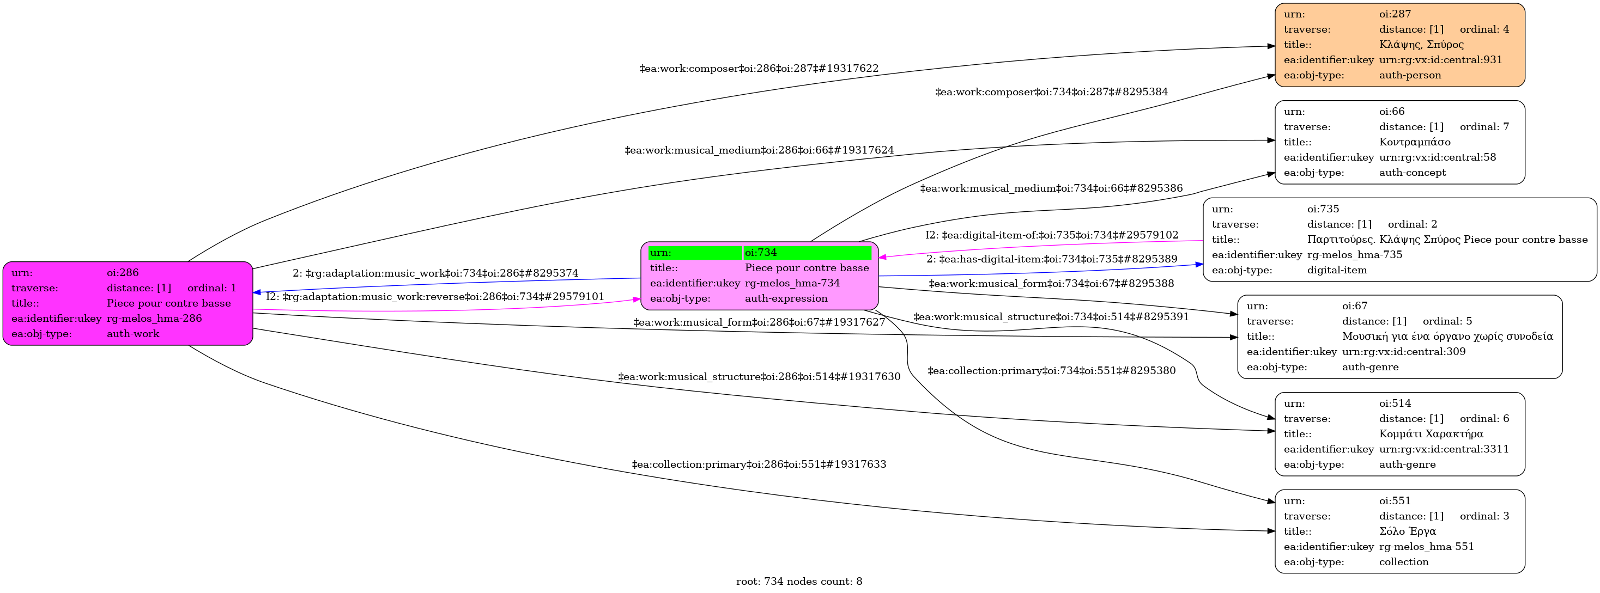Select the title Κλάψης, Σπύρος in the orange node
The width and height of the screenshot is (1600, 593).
1421,45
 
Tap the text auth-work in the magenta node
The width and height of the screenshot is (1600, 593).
132,334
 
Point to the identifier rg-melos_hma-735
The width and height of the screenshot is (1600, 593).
1354,255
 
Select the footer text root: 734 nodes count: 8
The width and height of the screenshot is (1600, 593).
799,582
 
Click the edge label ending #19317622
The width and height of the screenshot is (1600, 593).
759,68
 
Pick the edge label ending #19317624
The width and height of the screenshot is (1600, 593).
759,150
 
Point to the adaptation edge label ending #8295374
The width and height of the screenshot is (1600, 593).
435,273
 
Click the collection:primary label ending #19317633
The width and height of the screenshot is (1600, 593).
759,464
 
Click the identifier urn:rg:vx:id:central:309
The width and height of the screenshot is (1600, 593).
1403,351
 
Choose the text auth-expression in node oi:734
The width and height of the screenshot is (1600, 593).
786,298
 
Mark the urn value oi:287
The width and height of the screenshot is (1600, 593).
1395,14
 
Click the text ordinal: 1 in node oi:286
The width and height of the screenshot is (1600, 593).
211,288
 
